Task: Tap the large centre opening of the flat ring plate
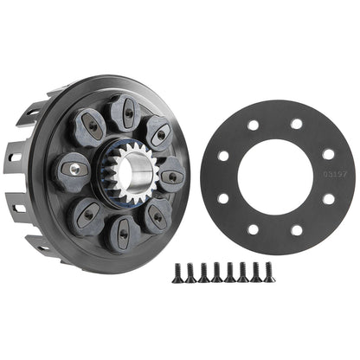click(x=275, y=178)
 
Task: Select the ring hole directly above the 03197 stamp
click(x=328, y=154)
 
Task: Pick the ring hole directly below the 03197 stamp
click(x=329, y=199)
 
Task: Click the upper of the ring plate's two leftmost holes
click(x=223, y=157)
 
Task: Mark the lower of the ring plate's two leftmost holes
click(x=223, y=199)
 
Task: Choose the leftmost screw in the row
click(x=177, y=275)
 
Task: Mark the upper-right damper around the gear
click(x=157, y=132)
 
